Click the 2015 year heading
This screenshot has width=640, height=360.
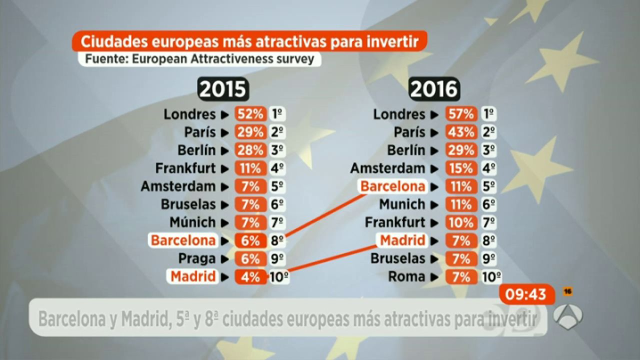[223, 89]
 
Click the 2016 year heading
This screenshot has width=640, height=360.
[434, 89]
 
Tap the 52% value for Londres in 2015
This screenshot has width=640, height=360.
[250, 114]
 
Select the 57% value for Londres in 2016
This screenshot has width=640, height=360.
[460, 114]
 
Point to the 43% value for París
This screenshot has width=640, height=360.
[460, 132]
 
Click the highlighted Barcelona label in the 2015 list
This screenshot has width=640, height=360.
[183, 240]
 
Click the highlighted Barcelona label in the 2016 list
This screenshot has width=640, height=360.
[392, 186]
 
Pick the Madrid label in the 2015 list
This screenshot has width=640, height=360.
[193, 276]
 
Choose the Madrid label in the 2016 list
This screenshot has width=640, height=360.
[402, 240]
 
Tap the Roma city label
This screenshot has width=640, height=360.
[406, 276]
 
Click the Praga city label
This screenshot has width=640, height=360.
[197, 258]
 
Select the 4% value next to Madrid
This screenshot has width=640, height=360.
[250, 276]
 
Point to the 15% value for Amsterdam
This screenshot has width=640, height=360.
[460, 168]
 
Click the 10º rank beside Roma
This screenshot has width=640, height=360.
[492, 276]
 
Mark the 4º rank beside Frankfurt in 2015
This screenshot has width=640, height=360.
[277, 168]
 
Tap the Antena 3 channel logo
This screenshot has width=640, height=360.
[567, 316]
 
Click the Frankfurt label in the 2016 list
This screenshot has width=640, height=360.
[395, 222]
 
